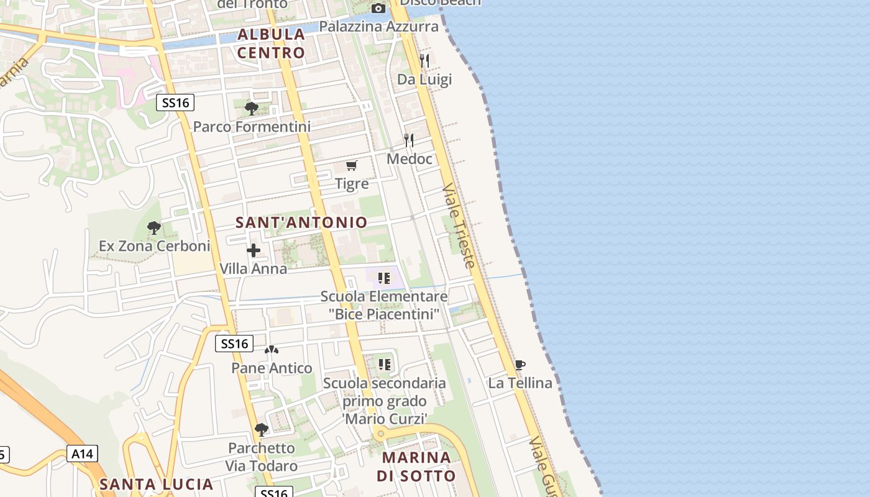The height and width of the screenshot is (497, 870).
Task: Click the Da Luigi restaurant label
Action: point(424,80)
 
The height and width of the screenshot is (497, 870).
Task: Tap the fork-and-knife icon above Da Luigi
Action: point(424,60)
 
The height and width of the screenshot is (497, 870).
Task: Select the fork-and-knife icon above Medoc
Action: point(409,140)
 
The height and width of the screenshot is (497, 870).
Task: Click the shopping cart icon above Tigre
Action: point(352,165)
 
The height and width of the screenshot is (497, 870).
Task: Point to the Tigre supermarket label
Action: point(352,184)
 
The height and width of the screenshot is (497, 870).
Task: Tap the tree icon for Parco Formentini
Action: point(252,109)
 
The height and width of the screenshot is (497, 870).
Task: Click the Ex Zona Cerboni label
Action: point(155,246)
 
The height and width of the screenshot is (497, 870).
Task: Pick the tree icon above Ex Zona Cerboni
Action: point(154,228)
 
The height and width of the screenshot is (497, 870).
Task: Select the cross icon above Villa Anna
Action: point(254,250)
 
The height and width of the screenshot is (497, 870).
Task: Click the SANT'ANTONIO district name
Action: point(301,222)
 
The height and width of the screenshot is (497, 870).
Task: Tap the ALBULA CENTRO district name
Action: point(272,43)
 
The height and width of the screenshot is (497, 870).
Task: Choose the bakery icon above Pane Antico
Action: point(272,350)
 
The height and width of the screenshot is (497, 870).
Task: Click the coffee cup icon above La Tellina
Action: point(520,365)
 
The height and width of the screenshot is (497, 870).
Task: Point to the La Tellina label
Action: point(520,383)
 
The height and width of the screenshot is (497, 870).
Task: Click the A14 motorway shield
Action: point(82,454)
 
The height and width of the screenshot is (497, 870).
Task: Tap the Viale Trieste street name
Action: point(459,226)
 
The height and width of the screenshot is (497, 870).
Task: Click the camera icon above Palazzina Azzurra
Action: point(378,8)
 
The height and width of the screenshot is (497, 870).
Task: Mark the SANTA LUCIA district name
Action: point(157,484)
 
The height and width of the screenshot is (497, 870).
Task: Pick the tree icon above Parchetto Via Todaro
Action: point(262,429)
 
